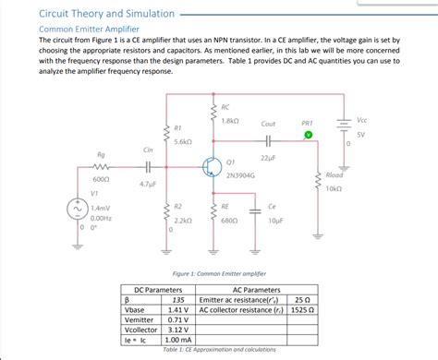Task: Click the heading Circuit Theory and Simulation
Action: [92, 14]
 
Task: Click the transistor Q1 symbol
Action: [211, 167]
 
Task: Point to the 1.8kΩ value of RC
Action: [230, 121]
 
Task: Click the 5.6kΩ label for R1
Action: [182, 142]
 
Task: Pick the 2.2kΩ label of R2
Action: [182, 222]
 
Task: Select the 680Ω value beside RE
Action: [230, 222]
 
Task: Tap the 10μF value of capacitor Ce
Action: [275, 222]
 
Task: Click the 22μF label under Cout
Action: [269, 159]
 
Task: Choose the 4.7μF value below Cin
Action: [148, 185]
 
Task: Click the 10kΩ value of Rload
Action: [335, 188]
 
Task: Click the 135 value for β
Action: [179, 300]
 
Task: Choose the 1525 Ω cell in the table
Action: [303, 310]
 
